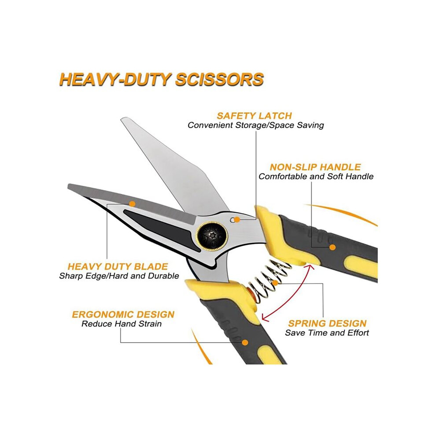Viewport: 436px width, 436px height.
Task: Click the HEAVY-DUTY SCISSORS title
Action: tap(162, 79)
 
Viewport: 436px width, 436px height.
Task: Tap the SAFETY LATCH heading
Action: tap(254, 116)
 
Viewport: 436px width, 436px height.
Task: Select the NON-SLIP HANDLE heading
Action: tap(315, 167)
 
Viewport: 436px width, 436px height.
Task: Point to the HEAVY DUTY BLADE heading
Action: tap(118, 266)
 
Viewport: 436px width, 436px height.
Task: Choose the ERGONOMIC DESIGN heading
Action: tap(123, 314)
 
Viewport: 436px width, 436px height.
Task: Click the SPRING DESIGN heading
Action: tap(327, 323)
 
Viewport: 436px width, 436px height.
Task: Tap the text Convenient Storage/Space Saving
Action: tap(256, 125)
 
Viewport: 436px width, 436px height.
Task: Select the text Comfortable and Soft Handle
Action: tap(316, 176)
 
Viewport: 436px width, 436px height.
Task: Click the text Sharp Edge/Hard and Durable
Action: tap(119, 276)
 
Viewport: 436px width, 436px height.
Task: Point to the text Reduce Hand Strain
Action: tap(122, 324)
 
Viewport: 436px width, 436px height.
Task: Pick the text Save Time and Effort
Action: tap(327, 333)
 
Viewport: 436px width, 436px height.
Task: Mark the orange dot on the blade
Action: tap(133, 204)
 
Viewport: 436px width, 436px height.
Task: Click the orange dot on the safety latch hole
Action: tap(237, 220)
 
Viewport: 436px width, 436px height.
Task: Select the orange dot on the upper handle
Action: tap(333, 247)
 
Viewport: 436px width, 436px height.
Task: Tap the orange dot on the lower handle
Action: tap(245, 342)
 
